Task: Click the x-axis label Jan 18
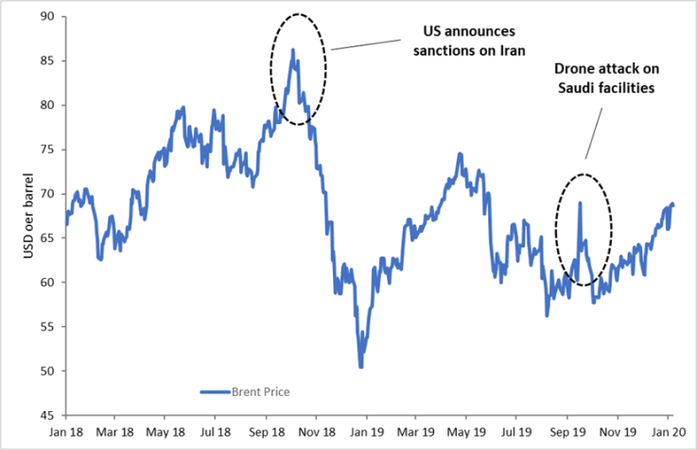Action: pyautogui.click(x=66, y=432)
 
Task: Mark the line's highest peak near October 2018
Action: pyautogui.click(x=293, y=49)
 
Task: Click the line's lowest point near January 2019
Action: pyautogui.click(x=360, y=367)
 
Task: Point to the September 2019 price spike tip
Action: pyautogui.click(x=580, y=202)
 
